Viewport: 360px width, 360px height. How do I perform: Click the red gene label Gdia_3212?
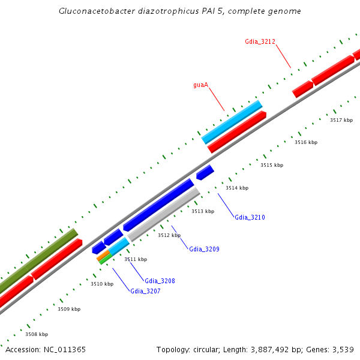click(x=260, y=41)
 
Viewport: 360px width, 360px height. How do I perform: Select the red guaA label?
click(x=200, y=85)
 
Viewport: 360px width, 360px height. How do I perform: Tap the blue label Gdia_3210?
click(x=250, y=217)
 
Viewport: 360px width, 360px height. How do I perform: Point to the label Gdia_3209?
click(x=204, y=249)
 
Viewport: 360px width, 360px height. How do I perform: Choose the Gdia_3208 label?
click(x=160, y=281)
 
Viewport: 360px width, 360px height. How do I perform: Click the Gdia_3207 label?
click(x=145, y=291)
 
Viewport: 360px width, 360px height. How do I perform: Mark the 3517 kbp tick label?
click(x=341, y=121)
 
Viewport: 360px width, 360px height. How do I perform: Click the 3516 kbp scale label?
click(x=306, y=143)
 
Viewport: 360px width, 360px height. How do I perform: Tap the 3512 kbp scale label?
click(x=169, y=236)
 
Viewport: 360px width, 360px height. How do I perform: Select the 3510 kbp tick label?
click(x=102, y=284)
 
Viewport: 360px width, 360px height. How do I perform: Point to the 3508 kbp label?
click(x=37, y=334)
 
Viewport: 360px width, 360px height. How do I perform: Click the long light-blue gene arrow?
click(x=232, y=122)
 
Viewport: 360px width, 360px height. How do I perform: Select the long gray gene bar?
click(x=164, y=214)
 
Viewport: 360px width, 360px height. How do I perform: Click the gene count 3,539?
click(x=342, y=349)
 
